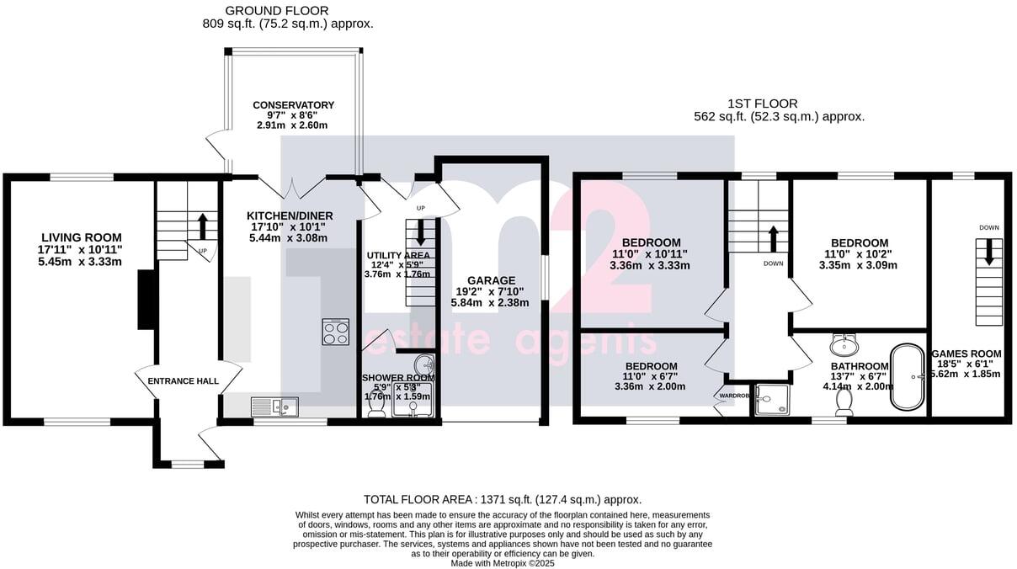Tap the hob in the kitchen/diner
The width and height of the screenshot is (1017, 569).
coord(336,332)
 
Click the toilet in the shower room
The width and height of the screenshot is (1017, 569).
coord(376,406)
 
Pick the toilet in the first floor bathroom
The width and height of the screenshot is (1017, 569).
coord(843,404)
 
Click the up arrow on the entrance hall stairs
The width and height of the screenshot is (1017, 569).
coord(202,226)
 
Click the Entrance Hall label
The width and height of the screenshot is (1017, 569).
coord(184,381)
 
